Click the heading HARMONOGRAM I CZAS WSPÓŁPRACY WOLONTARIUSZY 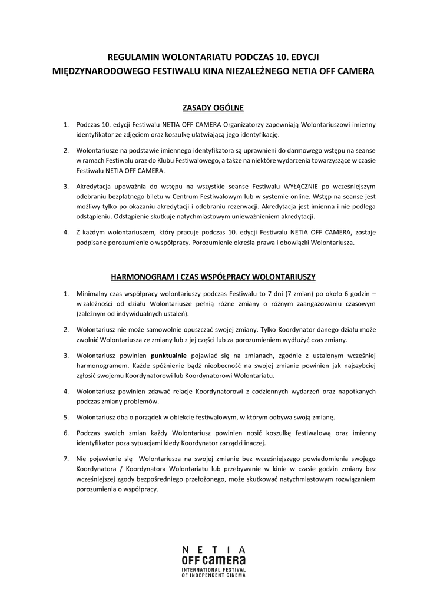pyautogui.click(x=213, y=276)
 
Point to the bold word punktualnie pyautogui.click(x=169, y=355)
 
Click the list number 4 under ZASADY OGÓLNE pyautogui.click(x=66, y=233)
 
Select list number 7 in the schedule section pyautogui.click(x=66, y=458)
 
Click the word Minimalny pyautogui.click(x=93, y=293)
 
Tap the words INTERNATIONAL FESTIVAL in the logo pyautogui.click(x=213, y=570)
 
